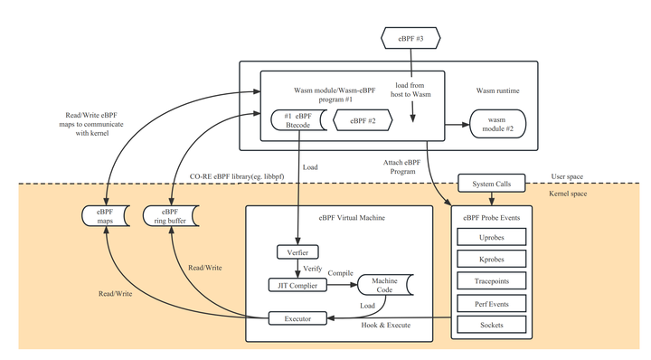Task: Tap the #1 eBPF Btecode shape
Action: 298,119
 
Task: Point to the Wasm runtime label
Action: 498,90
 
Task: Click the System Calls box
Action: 491,184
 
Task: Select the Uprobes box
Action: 491,239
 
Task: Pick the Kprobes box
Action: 491,260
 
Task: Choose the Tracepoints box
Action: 491,281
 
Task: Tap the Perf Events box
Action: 491,303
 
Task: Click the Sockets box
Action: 491,324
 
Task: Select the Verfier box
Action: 297,251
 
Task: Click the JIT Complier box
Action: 297,284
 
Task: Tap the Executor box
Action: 297,317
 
